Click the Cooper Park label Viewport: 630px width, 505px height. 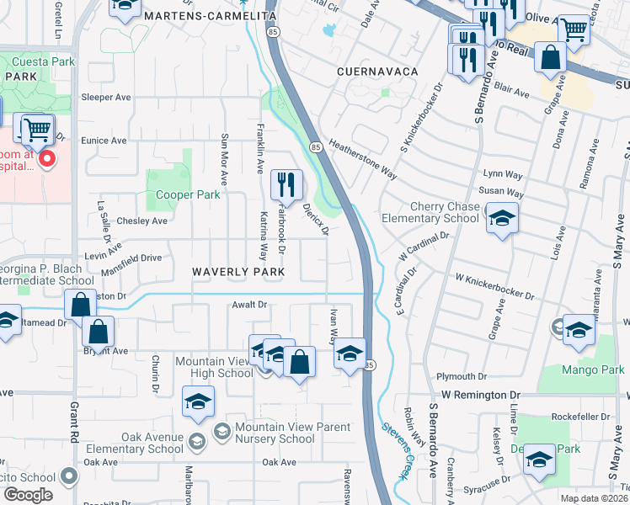click(188, 194)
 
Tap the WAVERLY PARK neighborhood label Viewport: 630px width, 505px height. click(238, 272)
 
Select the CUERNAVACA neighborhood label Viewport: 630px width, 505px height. click(377, 72)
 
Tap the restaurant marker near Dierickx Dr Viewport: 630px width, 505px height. click(286, 184)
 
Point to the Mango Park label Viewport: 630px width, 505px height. click(594, 369)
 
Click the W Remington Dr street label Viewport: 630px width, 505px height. click(478, 395)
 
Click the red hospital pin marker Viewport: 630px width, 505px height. click(47, 157)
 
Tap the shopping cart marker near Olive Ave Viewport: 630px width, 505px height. click(574, 30)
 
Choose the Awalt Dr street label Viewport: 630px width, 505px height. click(248, 305)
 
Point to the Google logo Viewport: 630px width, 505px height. click(27, 495)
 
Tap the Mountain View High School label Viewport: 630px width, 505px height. click(213, 367)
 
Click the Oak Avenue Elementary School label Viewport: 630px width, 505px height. click(140, 443)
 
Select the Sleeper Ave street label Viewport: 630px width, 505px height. click(106, 98)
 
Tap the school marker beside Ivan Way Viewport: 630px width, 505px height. click(350, 353)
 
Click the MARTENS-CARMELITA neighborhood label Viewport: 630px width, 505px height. click(210, 16)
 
